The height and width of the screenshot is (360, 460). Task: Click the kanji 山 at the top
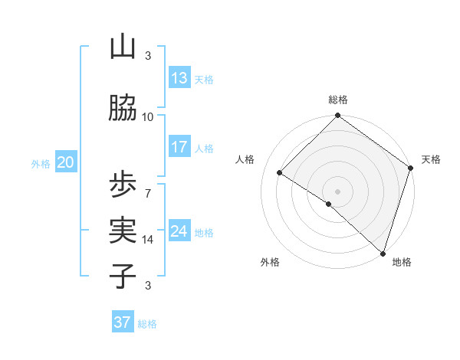[123, 47]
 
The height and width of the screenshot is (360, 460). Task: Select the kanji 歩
[123, 185]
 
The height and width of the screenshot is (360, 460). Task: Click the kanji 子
[123, 275]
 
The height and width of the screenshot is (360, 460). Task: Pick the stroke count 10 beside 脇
[148, 116]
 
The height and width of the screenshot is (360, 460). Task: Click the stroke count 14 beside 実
[148, 240]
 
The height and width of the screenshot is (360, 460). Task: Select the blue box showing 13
[179, 77]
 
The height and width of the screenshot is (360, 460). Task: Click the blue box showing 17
[179, 146]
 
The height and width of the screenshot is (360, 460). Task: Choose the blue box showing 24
[179, 231]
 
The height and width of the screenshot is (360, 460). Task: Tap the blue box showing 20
[66, 162]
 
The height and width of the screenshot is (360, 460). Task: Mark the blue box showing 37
[122, 322]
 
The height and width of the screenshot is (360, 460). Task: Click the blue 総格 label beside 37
[147, 324]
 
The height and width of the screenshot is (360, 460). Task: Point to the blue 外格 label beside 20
[40, 163]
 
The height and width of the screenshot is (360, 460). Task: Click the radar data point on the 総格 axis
[337, 116]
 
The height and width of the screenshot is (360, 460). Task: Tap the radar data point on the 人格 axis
[280, 173]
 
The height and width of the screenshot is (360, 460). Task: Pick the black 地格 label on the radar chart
[402, 263]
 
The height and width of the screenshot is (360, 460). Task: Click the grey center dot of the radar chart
[337, 191]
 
